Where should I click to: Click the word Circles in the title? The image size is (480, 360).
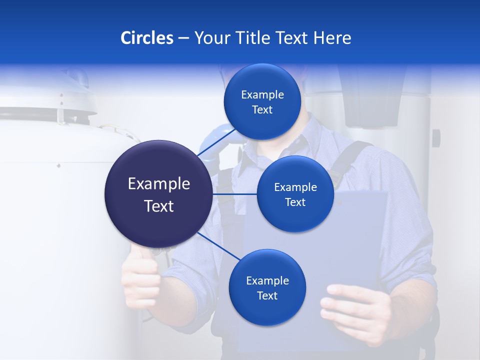click(x=146, y=38)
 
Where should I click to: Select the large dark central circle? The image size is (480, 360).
click(x=158, y=194)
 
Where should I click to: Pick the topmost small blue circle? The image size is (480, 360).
click(x=262, y=101)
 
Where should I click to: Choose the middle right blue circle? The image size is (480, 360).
click(x=295, y=194)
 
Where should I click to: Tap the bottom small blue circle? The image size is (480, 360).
click(x=267, y=287)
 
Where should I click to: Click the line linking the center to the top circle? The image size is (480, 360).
click(x=218, y=143)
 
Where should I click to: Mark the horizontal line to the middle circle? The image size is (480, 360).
click(x=234, y=194)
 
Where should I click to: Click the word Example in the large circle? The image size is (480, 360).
click(x=158, y=184)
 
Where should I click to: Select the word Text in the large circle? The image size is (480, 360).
click(x=158, y=206)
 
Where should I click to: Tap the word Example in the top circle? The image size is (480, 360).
click(x=262, y=95)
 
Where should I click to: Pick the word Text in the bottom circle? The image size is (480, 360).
click(x=267, y=295)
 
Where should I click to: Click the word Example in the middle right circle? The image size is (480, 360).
click(x=295, y=187)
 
